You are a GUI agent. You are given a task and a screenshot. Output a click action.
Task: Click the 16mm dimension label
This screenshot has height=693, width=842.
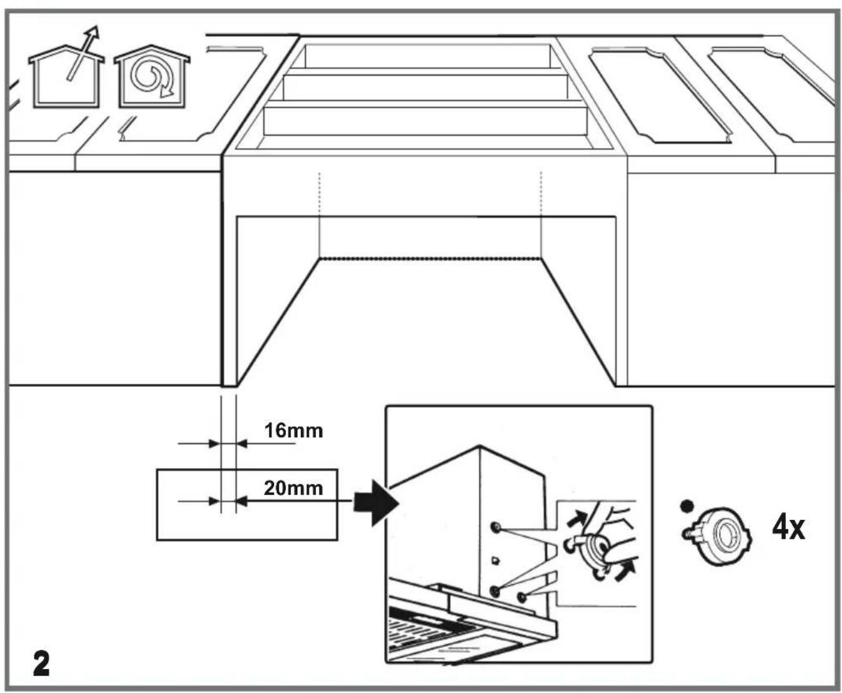(294, 431)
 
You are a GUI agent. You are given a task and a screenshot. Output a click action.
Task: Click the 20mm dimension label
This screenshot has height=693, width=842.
(294, 488)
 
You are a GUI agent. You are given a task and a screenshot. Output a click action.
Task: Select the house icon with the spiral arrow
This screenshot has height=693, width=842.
(152, 77)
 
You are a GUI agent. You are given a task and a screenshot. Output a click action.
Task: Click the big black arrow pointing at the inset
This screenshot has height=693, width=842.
(376, 503)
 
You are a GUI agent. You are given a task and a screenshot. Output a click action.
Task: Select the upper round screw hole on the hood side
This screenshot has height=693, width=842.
(496, 526)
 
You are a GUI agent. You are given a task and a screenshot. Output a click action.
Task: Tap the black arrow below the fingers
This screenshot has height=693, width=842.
(625, 572)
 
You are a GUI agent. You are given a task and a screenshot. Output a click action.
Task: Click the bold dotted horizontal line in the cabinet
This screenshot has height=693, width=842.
(430, 258)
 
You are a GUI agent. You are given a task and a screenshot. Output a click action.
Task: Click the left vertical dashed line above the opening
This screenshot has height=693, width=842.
(319, 194)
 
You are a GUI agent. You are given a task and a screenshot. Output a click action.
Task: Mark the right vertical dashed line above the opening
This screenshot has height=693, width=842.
(541, 194)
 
